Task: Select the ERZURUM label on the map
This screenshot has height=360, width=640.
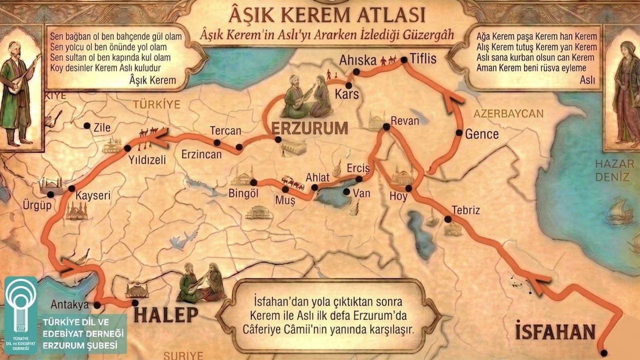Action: point(309,128)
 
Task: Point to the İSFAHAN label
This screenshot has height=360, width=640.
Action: point(555,331)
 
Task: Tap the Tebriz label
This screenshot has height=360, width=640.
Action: point(465,210)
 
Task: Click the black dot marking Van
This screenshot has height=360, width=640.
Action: point(345,191)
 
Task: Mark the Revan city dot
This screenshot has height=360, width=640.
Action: point(386,127)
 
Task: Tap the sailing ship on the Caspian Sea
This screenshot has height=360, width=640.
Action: point(618,210)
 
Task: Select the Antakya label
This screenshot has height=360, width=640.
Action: point(69,304)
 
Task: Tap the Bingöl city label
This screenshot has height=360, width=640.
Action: point(243,193)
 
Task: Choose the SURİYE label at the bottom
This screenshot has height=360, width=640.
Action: point(183,355)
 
